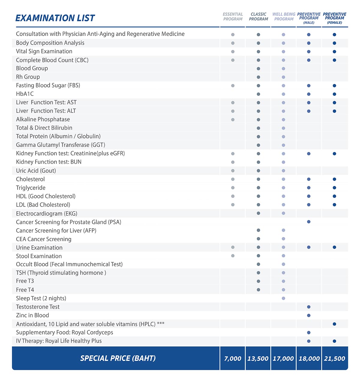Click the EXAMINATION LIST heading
coord(55,18)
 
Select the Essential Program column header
coord(233,16)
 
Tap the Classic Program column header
coord(258,16)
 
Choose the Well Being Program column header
coord(284,16)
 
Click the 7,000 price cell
coord(232,358)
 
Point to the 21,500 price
coord(334,358)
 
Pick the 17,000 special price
coord(283,358)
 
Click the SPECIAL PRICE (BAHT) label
coord(118,358)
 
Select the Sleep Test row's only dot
coord(283,298)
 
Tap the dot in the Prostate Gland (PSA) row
coord(309,222)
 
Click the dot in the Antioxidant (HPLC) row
coord(334,324)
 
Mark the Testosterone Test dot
coord(309,307)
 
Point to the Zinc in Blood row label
coord(32,316)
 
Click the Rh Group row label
coord(28,77)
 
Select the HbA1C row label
coord(25,94)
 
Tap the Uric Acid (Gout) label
coord(36,171)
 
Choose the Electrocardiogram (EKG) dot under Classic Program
coord(258,214)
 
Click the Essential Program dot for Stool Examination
coord(233,256)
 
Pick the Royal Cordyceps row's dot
coord(309,333)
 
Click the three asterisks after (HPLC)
coord(161,323)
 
